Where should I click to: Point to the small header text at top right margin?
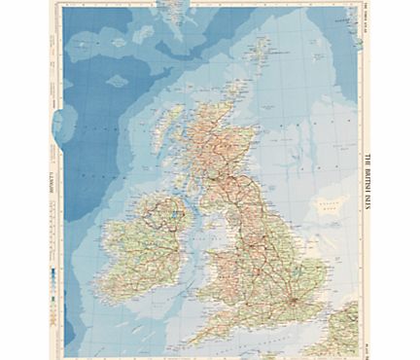click(x=368, y=19)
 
